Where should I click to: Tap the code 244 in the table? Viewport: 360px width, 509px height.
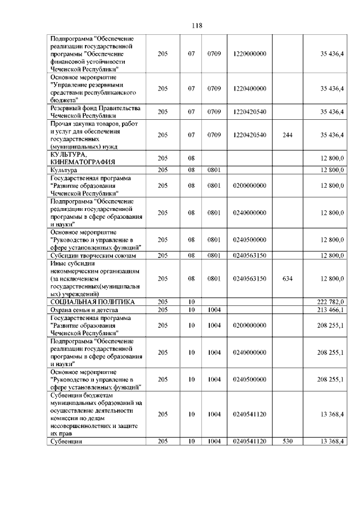click(x=287, y=135)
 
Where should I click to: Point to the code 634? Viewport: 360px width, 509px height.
click(x=287, y=278)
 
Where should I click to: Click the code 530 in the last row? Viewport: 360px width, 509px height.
click(x=287, y=441)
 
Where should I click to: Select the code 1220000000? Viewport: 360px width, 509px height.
click(x=249, y=53)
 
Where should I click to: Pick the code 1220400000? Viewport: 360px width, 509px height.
click(x=249, y=88)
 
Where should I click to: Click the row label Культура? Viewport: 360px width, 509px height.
click(x=64, y=169)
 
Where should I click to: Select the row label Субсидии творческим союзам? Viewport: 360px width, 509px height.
click(x=93, y=255)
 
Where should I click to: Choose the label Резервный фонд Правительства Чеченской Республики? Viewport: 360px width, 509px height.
click(x=94, y=111)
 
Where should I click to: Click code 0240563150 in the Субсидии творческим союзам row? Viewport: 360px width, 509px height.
click(x=249, y=255)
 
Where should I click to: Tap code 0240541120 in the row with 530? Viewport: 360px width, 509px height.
click(x=249, y=441)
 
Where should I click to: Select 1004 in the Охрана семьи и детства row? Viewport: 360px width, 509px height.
click(x=213, y=309)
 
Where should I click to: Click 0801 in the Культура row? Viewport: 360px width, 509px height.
click(x=213, y=169)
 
